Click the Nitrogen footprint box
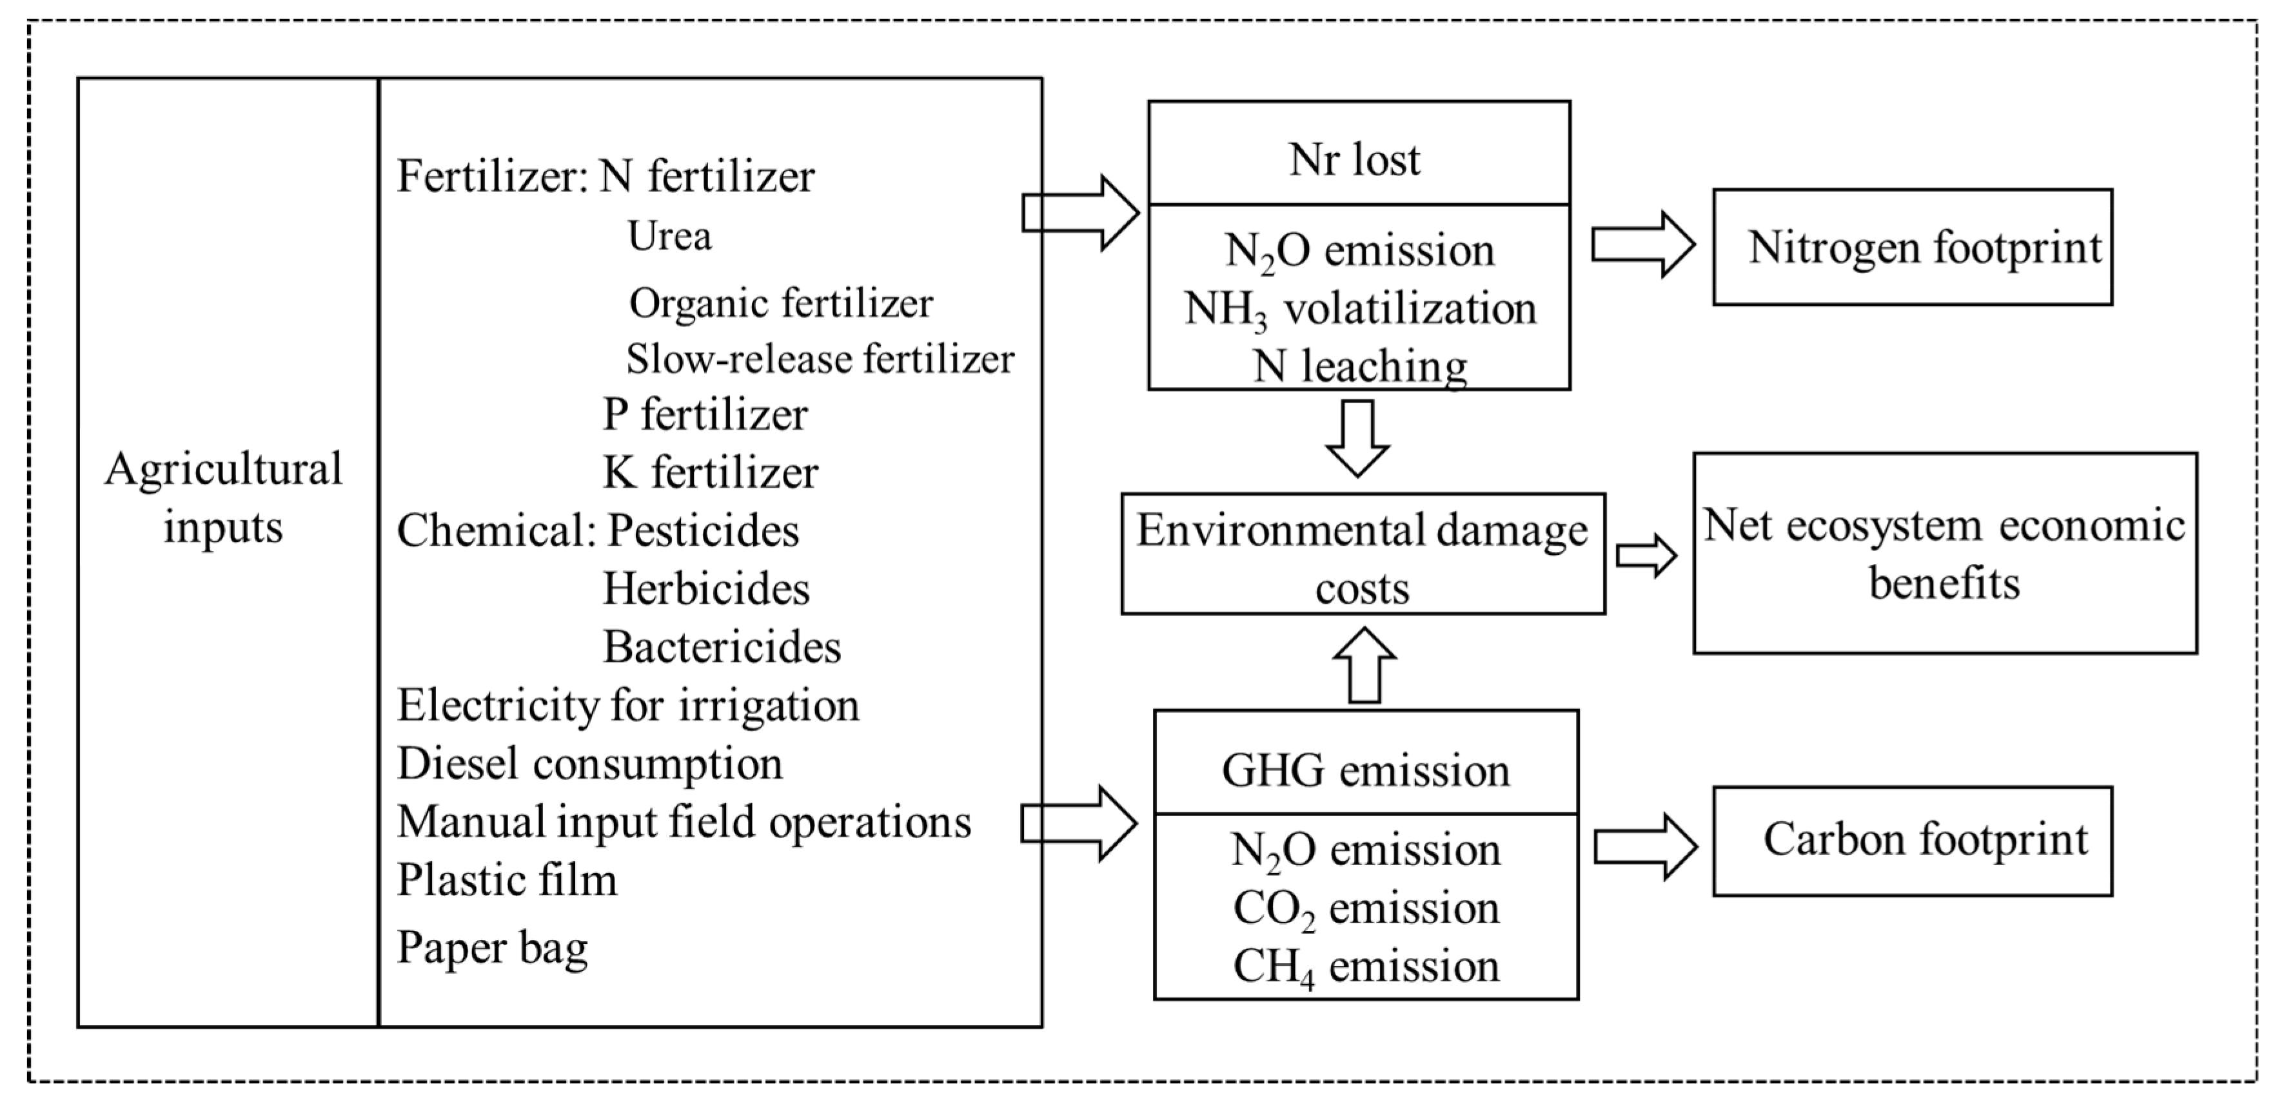click(1912, 247)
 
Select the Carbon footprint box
click(1912, 840)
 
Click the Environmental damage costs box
click(1362, 554)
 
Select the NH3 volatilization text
click(1360, 309)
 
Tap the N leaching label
click(1360, 366)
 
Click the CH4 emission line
click(1365, 966)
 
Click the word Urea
click(669, 236)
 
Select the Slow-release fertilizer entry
click(820, 359)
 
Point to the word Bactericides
click(722, 646)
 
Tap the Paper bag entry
click(492, 947)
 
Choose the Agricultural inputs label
click(223, 497)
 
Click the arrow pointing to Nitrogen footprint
click(1642, 245)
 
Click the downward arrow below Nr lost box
click(1358, 438)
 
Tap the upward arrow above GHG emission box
click(1364, 665)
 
